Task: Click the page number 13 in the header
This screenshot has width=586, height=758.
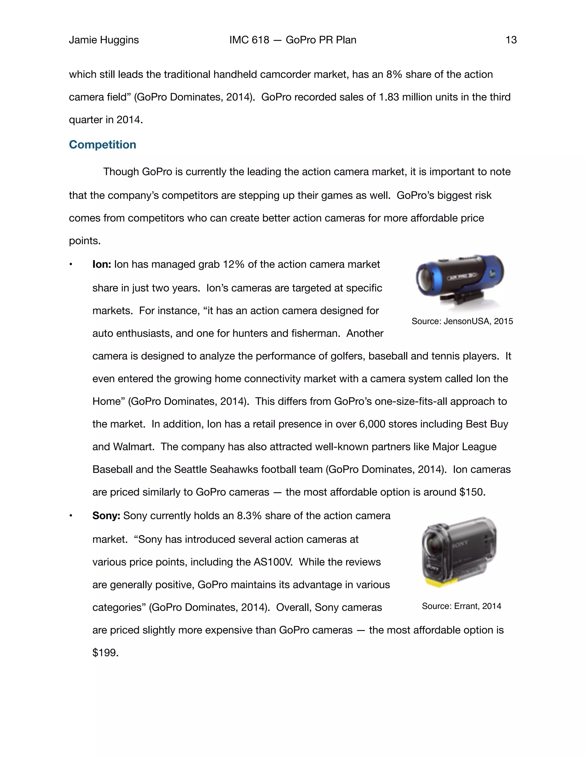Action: [511, 40]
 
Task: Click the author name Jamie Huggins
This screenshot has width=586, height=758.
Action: [104, 40]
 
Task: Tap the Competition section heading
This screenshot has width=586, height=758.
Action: [102, 144]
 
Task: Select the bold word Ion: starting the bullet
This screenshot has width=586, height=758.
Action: [102, 265]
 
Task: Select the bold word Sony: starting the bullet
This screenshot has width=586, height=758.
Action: [106, 516]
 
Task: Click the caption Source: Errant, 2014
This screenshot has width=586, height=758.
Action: [461, 606]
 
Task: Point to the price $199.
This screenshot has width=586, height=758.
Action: [105, 653]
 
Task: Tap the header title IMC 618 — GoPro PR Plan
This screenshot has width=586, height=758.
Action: [293, 40]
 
